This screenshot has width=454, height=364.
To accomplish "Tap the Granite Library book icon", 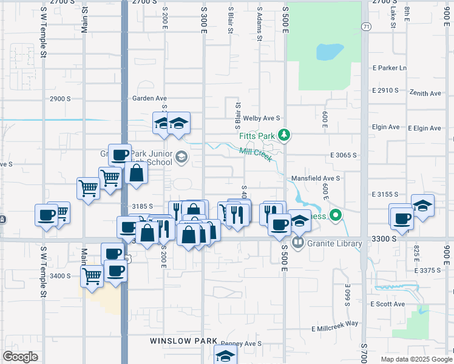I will pyautogui.click(x=298, y=243).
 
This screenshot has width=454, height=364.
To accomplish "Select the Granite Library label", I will pyautogui.click(x=334, y=244).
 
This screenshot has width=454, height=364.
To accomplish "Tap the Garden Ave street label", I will pyautogui.click(x=149, y=98).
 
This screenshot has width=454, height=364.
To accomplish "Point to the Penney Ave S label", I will pyautogui.click(x=240, y=343).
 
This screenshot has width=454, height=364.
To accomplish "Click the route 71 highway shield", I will pyautogui.click(x=365, y=27).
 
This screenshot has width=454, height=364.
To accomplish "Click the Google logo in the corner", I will pyautogui.click(x=21, y=357).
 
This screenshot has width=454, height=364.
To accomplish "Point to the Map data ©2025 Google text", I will pyautogui.click(x=416, y=359).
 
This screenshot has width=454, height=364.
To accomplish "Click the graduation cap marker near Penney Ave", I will pyautogui.click(x=225, y=356).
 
